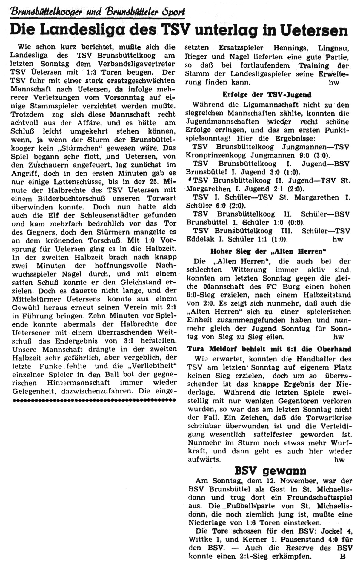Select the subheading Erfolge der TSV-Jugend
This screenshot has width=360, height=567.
tap(267, 95)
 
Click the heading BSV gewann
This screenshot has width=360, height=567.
tap(270, 471)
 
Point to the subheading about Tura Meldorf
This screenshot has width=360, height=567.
tap(269, 349)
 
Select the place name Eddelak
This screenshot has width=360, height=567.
tap(200, 239)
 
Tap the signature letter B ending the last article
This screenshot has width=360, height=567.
tap(342, 557)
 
